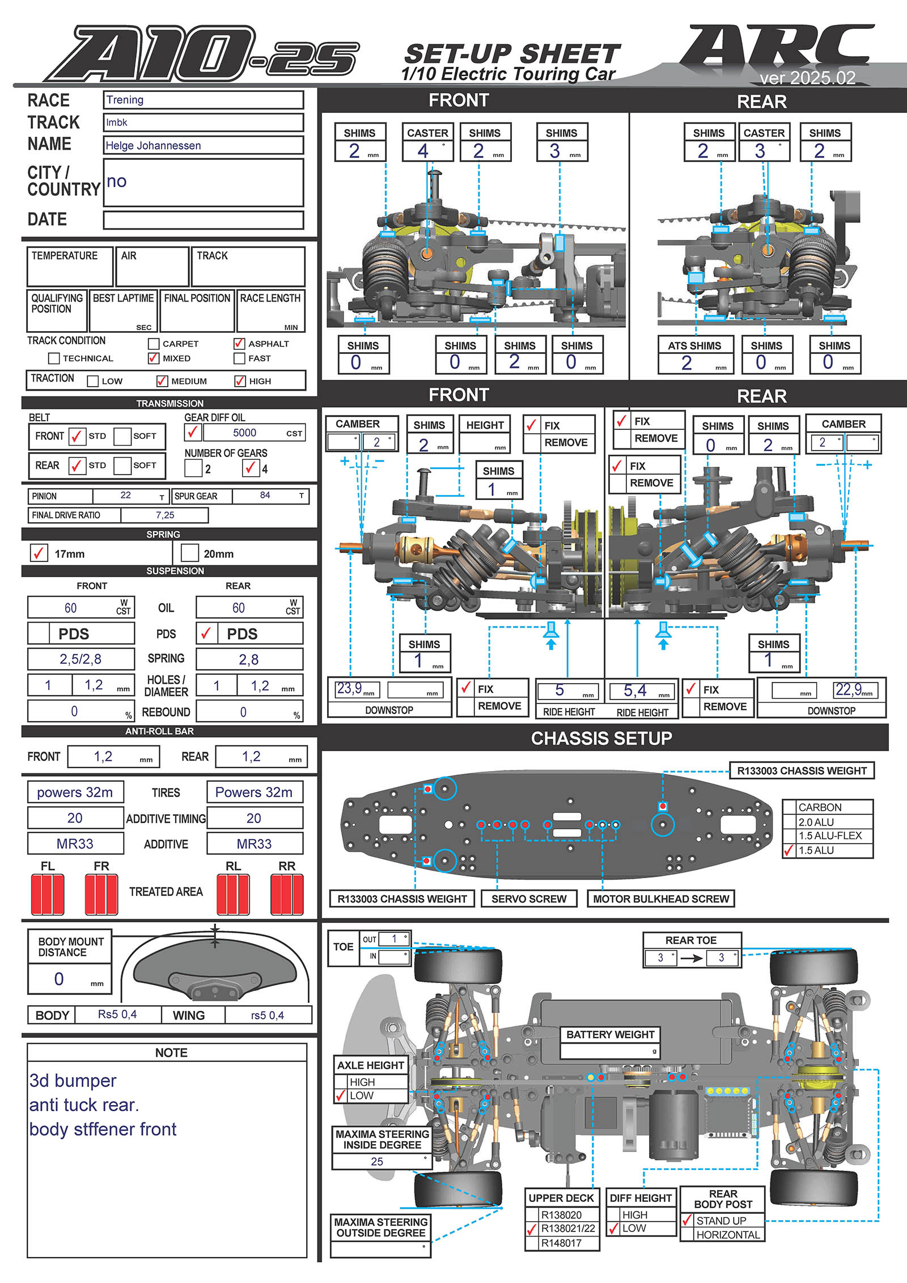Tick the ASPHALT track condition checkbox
[x=239, y=344]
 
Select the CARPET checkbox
[x=154, y=344]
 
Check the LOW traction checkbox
[x=93, y=381]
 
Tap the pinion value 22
[x=126, y=496]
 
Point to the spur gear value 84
[x=265, y=496]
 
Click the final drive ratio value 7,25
[x=165, y=515]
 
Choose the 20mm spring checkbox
[x=189, y=553]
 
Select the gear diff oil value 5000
[x=244, y=433]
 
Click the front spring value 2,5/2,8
[x=80, y=659]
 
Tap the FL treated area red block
[x=48, y=894]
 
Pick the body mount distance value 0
[x=59, y=979]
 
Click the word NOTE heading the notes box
[x=171, y=1053]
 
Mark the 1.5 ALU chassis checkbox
[x=789, y=850]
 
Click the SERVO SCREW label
[x=528, y=899]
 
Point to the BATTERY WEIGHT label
[x=610, y=1035]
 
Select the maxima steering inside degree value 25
[x=377, y=1162]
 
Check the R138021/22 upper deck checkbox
[x=532, y=1229]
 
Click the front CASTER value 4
[x=423, y=151]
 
